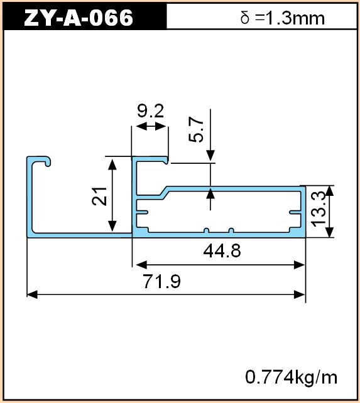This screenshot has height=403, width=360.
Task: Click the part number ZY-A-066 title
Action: click(x=79, y=18)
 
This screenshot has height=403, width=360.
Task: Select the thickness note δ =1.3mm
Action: click(x=282, y=18)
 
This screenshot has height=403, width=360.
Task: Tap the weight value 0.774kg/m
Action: click(x=291, y=378)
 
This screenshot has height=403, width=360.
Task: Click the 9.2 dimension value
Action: click(x=150, y=111)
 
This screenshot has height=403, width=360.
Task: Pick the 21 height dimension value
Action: click(x=99, y=196)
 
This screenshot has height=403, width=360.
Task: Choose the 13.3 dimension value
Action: click(x=319, y=209)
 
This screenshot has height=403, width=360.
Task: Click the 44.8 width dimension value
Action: click(x=222, y=251)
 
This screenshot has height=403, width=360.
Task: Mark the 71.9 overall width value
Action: click(x=162, y=281)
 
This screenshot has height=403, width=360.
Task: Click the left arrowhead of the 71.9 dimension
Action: click(x=32, y=294)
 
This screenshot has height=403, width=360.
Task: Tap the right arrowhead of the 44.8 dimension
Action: click(x=299, y=265)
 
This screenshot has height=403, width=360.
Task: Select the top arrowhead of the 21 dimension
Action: click(x=112, y=164)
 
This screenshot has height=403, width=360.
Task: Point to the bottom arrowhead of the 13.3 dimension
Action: click(x=330, y=232)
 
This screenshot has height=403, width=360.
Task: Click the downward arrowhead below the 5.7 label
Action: click(x=210, y=156)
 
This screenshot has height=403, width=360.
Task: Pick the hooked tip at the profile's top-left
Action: click(x=48, y=162)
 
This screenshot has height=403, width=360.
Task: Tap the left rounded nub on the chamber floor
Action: click(x=206, y=230)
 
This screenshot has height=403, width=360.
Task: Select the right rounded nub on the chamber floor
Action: click(x=231, y=230)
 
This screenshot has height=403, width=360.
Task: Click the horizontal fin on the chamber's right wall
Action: click(x=295, y=212)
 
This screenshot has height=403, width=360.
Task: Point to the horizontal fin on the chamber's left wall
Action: click(x=142, y=212)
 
